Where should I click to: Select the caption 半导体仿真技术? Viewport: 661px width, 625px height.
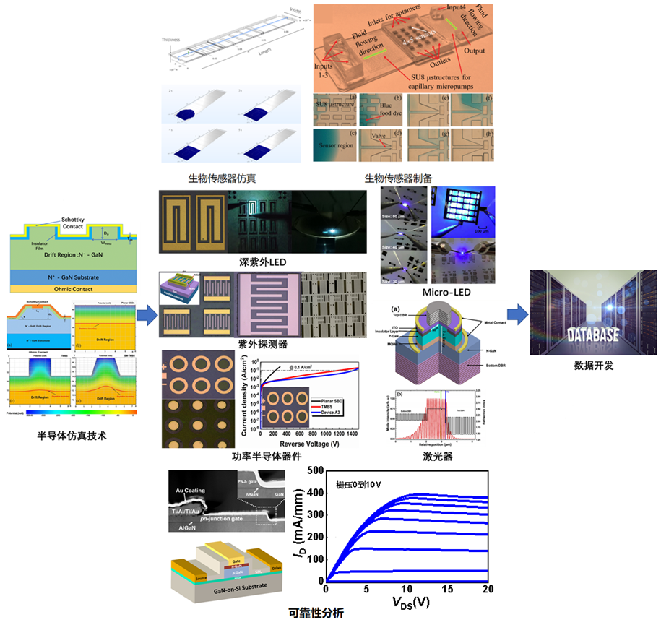[x=72, y=435]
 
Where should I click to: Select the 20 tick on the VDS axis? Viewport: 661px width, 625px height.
[x=488, y=590]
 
